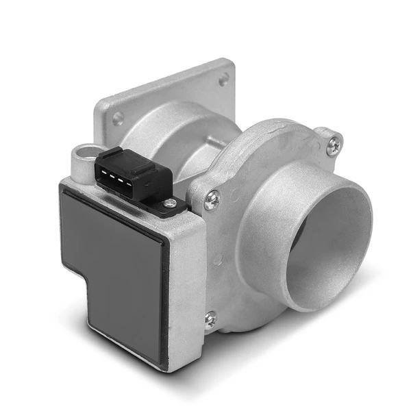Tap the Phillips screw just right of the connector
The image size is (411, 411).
[212, 199]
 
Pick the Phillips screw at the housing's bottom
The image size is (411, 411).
[210, 319]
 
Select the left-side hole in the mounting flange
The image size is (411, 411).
[118, 119]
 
